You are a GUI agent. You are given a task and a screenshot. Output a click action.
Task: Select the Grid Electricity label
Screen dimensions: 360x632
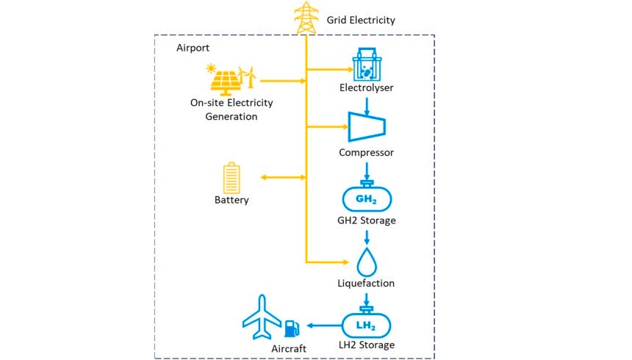[361, 21]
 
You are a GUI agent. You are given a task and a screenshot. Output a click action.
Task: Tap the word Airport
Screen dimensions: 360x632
[193, 48]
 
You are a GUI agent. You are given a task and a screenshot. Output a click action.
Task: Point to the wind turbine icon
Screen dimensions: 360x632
[250, 78]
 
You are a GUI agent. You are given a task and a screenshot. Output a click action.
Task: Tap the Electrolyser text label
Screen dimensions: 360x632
[366, 88]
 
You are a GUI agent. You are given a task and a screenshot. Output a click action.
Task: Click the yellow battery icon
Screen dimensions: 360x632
[231, 179]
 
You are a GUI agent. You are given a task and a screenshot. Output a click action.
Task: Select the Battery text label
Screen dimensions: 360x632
[231, 200]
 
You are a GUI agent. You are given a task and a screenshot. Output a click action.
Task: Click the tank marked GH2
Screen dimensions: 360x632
[366, 198]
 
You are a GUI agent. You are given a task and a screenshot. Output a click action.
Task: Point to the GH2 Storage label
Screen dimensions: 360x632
[366, 220]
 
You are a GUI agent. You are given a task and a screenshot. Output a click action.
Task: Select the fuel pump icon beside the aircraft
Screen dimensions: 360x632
[292, 328]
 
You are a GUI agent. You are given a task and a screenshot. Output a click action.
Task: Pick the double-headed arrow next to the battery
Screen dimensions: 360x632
[283, 177]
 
